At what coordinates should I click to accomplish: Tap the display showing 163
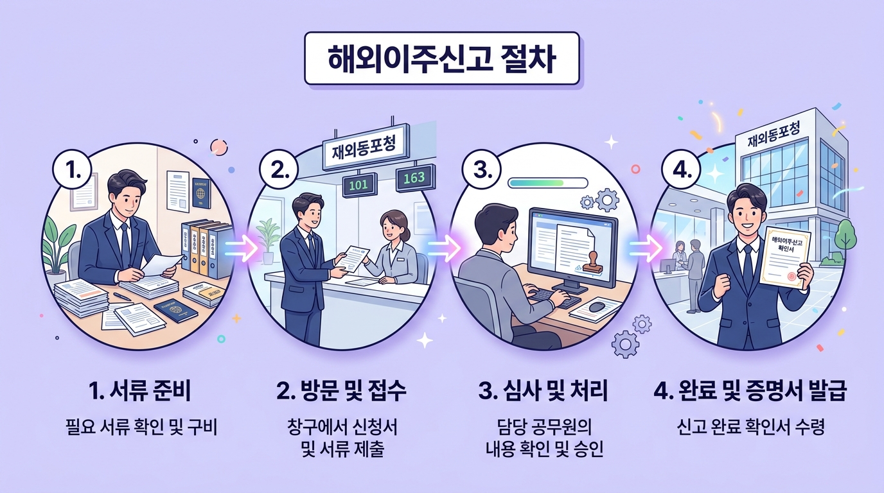click(x=414, y=178)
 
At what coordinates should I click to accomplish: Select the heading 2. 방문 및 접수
click(x=342, y=392)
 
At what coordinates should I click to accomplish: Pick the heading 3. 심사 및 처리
click(x=544, y=392)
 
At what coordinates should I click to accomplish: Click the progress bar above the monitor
click(x=547, y=183)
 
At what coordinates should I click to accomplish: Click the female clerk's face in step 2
click(x=392, y=227)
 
